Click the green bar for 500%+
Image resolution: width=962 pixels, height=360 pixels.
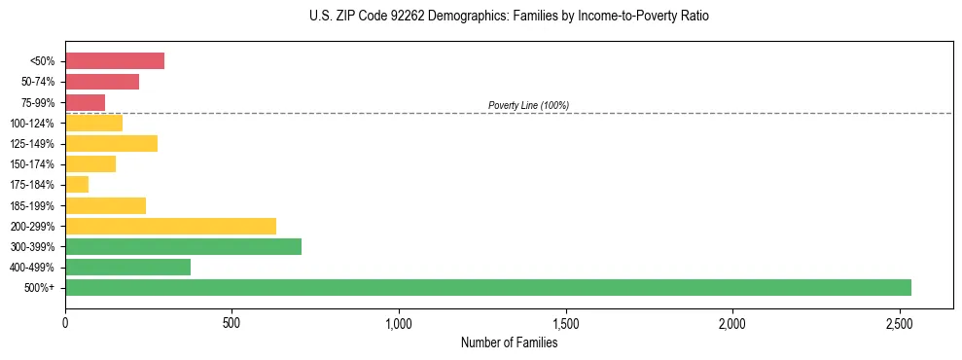click(487, 287)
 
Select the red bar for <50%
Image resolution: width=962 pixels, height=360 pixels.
click(115, 61)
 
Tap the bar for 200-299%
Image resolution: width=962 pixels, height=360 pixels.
click(170, 226)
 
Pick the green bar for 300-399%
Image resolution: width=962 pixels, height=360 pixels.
click(183, 246)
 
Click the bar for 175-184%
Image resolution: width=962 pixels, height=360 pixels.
click(77, 185)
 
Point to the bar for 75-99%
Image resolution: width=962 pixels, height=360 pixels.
click(85, 102)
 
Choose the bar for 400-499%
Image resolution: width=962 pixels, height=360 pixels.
click(127, 267)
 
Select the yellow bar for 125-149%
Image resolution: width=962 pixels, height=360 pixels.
click(111, 144)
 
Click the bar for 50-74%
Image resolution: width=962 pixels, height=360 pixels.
click(102, 82)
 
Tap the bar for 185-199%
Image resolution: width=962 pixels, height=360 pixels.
click(105, 205)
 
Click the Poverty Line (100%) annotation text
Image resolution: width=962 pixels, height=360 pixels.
click(528, 105)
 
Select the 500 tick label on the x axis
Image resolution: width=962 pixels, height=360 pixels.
click(232, 323)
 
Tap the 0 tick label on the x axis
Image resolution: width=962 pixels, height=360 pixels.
click(65, 323)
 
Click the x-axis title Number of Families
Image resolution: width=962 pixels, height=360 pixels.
click(509, 342)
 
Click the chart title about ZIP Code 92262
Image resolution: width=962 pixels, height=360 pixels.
click(509, 17)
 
